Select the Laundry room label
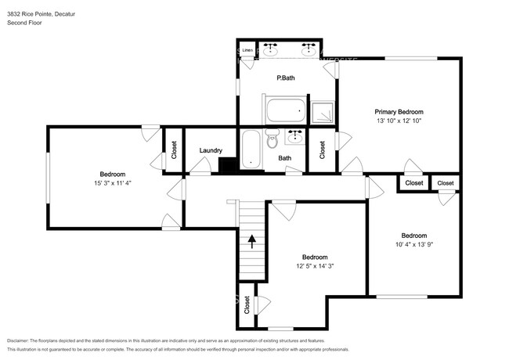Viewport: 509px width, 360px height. [x=211, y=150]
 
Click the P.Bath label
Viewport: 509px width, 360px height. [x=285, y=78]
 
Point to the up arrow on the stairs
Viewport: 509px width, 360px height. [x=252, y=241]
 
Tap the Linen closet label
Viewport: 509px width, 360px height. [x=247, y=50]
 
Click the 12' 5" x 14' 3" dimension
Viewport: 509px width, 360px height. [x=315, y=265]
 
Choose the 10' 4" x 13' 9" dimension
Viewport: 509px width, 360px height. [x=413, y=244]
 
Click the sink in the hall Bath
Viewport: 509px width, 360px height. [x=295, y=137]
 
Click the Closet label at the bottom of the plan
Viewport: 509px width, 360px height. [x=247, y=305]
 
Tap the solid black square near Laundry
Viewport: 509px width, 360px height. [x=228, y=165]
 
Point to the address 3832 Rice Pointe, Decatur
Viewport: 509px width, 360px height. [x=46, y=13]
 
